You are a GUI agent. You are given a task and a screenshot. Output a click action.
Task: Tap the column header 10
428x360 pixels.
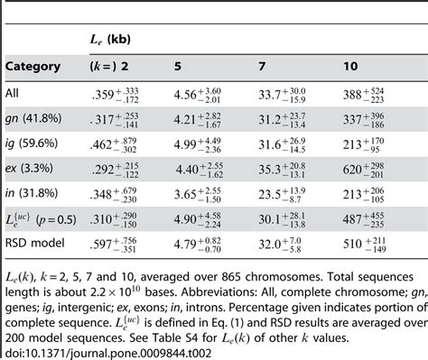tap(351, 66)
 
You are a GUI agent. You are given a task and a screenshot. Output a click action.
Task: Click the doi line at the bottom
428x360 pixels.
tap(81, 349)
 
